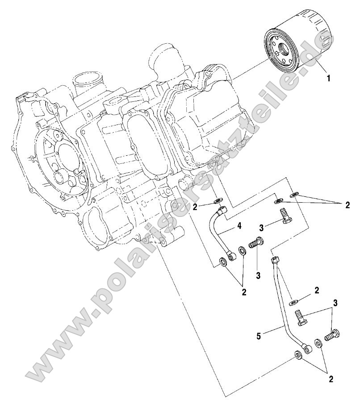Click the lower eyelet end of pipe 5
pos(306,346)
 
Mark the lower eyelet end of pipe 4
pos(232,257)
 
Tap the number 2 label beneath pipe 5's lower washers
pos(331,379)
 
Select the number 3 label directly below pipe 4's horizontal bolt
pos(258,275)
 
